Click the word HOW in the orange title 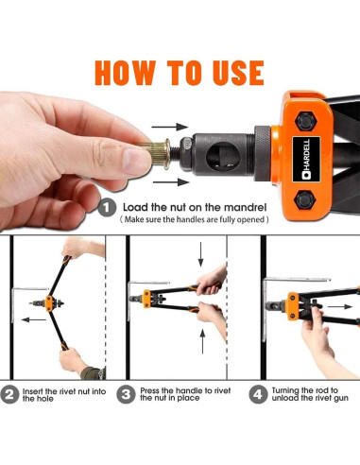[x=125, y=73]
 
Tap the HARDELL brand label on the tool [x=306, y=159]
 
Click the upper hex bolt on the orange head [x=305, y=121]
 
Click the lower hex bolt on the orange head [x=304, y=199]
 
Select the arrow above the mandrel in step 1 [x=170, y=127]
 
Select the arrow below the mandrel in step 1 [x=170, y=182]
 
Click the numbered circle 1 [x=107, y=207]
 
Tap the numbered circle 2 [x=9, y=394]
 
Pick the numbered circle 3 [x=126, y=394]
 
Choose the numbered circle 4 [x=258, y=394]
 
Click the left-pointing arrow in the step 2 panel [x=34, y=319]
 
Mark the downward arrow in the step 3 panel [x=200, y=254]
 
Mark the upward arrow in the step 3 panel [x=202, y=341]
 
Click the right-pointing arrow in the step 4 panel [x=340, y=306]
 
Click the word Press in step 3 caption [x=149, y=390]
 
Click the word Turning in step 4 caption [x=286, y=391]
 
